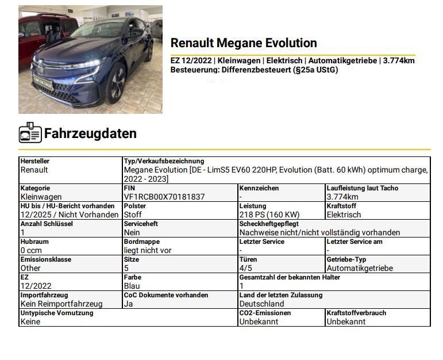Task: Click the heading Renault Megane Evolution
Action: tap(244, 43)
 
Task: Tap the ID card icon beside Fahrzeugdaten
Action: tap(30, 133)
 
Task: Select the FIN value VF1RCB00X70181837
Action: tap(164, 197)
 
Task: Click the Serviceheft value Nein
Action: tap(132, 232)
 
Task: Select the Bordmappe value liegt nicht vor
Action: tap(148, 250)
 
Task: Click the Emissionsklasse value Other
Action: tap(31, 268)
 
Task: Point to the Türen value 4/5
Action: tap(245, 268)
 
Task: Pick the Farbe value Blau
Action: tap(132, 286)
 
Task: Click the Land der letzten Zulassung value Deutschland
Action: tap(262, 304)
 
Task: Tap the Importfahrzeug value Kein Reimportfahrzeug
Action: tap(61, 304)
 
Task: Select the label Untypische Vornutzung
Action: tap(56, 313)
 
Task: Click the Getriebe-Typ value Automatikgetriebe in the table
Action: tap(360, 268)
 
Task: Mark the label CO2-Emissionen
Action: tap(265, 313)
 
